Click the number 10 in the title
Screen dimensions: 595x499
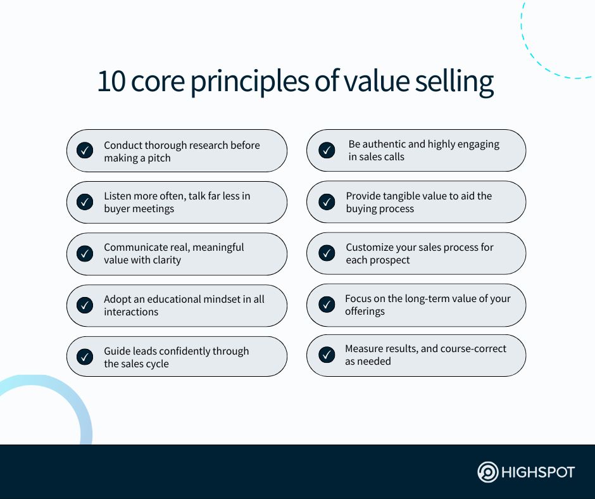111,81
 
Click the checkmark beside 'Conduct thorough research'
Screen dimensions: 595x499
85,150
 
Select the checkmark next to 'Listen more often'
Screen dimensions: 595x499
85,202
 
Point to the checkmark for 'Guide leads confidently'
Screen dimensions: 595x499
85,357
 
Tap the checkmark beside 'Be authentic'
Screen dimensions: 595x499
327,150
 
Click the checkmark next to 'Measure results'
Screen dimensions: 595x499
327,355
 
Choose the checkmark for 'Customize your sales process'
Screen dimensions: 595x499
327,253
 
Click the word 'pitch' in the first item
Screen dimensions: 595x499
159,158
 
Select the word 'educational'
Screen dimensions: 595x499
174,300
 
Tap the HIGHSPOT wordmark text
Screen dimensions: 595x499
538,472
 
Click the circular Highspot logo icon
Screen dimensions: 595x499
487,472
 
